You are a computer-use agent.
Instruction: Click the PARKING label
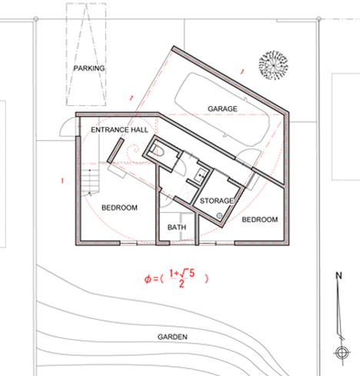point(89,68)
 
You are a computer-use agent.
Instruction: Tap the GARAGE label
point(222,109)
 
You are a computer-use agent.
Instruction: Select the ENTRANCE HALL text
point(119,130)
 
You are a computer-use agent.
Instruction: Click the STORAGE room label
point(217,201)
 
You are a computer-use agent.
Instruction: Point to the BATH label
point(177,228)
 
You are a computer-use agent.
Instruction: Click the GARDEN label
point(172,337)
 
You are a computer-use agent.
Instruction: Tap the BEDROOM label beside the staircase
point(119,208)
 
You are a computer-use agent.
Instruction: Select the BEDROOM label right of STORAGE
point(260,220)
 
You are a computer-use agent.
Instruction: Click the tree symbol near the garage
point(273,65)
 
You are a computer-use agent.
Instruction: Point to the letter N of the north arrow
point(338,275)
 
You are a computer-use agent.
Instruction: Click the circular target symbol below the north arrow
point(342,353)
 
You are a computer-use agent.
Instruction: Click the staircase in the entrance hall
point(90,182)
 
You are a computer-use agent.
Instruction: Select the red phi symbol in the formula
point(148,279)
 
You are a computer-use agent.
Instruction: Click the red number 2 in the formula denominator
point(182,284)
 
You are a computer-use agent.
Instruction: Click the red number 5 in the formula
point(192,274)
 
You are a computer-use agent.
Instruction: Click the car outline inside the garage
point(222,110)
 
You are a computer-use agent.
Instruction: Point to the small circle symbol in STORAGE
point(219,216)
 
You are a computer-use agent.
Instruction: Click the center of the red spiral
point(135,149)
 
